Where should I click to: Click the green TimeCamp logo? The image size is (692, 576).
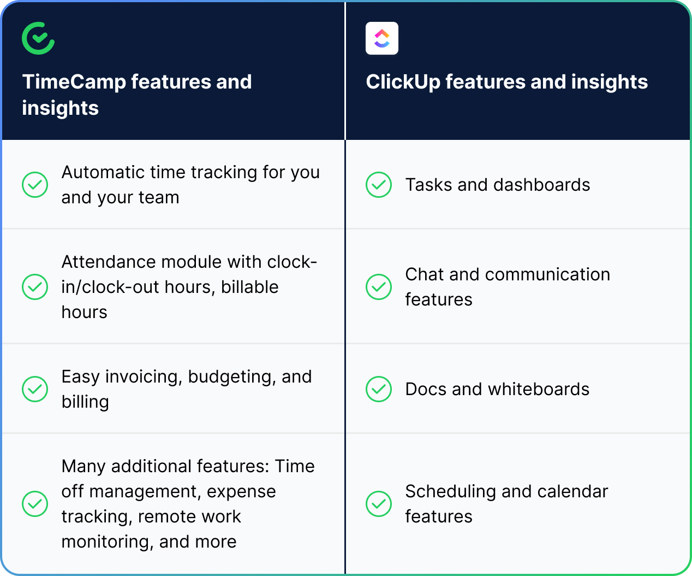tap(38, 38)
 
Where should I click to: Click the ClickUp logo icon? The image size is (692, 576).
tap(382, 38)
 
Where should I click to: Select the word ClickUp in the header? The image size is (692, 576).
tap(403, 82)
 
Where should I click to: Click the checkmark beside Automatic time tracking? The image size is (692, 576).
tap(35, 185)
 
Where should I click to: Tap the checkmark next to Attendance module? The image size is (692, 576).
tap(35, 287)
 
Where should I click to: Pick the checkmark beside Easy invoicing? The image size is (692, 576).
tap(35, 389)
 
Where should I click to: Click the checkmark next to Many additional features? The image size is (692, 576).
tap(35, 504)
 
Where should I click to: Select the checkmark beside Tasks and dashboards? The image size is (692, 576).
tap(379, 185)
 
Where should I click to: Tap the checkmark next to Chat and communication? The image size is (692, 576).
tap(379, 287)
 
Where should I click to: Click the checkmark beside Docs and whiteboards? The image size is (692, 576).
tap(379, 389)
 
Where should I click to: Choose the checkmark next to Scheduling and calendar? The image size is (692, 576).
tap(379, 504)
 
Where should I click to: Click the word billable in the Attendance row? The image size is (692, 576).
tap(249, 287)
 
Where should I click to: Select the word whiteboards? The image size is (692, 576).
tap(539, 389)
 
